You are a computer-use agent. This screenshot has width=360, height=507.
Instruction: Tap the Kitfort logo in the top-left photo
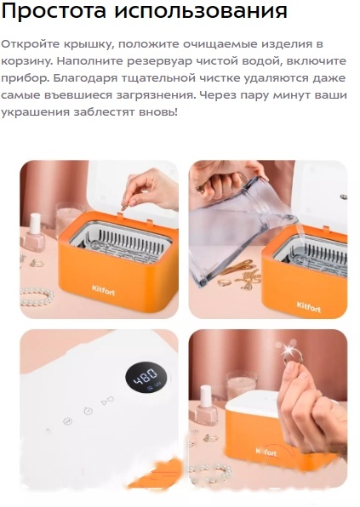104,289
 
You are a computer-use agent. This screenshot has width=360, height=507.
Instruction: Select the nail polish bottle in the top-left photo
37,235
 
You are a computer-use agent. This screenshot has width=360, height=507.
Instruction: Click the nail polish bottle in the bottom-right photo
205,407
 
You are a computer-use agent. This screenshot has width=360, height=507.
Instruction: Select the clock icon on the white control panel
88,410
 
